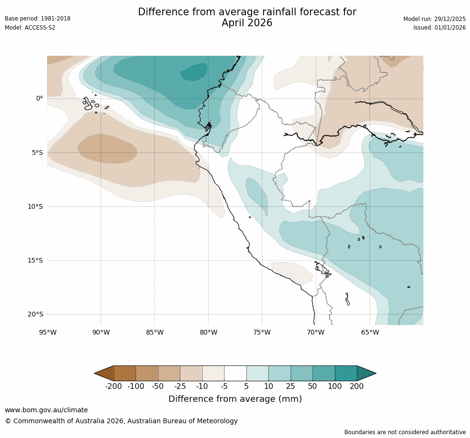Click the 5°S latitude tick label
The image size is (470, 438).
[37, 153]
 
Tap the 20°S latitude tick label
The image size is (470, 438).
[35, 315]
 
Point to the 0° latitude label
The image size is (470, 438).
[39, 99]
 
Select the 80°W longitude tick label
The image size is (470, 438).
[208, 332]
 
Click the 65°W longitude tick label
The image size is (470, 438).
[370, 332]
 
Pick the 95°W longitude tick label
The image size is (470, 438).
[47, 332]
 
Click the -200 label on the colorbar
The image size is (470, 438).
[114, 387]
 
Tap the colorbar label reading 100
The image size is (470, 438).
[335, 387]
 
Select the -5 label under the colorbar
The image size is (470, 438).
[224, 387]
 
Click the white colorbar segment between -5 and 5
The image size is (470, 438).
[235, 373]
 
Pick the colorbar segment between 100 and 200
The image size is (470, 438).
[346, 373]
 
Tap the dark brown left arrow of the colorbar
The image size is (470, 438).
[105, 373]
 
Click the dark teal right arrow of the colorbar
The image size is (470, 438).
[366, 373]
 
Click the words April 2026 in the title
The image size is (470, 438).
[247, 23]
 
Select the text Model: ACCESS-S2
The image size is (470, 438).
[30, 28]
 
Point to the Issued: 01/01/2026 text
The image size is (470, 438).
[440, 28]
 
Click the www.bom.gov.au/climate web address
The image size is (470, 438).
[46, 410]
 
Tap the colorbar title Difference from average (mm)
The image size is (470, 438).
[235, 399]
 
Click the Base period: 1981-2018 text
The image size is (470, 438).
[38, 19]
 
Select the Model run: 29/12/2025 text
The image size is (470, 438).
[434, 19]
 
